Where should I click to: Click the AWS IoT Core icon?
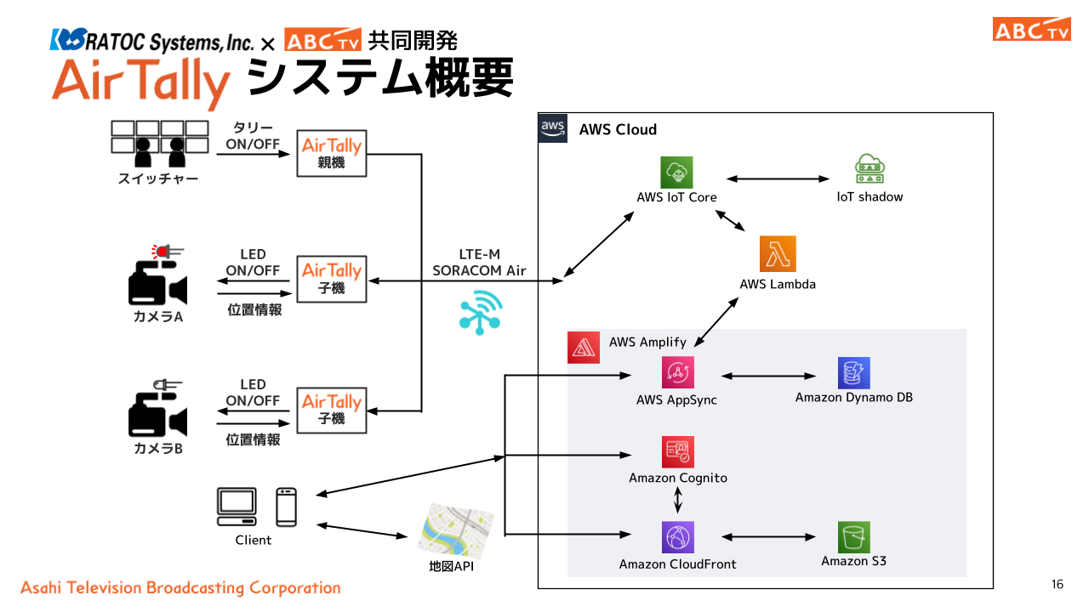click(x=677, y=173)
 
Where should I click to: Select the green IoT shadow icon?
click(x=869, y=170)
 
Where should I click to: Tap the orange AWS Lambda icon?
click(x=778, y=253)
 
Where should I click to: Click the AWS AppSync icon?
click(x=678, y=372)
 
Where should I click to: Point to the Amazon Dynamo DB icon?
click(x=853, y=373)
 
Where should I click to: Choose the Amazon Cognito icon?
click(x=678, y=452)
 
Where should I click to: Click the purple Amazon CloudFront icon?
click(x=678, y=537)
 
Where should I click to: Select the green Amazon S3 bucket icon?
click(x=853, y=537)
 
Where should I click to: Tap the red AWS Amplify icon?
click(x=584, y=348)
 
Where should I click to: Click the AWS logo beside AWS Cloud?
click(x=554, y=128)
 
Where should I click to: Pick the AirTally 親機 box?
click(x=332, y=153)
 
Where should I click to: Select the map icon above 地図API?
click(x=456, y=529)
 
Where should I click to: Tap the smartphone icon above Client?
click(x=286, y=507)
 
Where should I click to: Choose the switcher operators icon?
click(x=159, y=144)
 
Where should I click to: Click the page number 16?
click(x=1058, y=584)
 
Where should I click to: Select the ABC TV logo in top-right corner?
click(x=1031, y=29)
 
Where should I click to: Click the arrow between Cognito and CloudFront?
click(x=678, y=499)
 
